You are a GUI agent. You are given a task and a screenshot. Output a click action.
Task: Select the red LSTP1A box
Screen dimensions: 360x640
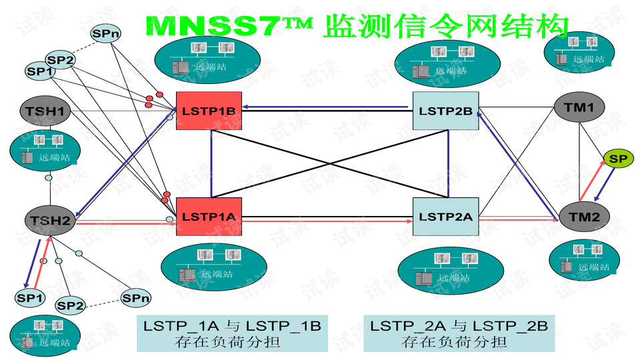(x=208, y=216)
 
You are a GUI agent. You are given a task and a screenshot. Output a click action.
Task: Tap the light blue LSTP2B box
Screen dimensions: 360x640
(x=446, y=111)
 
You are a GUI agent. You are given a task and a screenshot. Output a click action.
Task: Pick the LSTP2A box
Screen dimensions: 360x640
(x=446, y=216)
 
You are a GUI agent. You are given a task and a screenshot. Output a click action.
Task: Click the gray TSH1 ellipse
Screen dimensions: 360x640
(x=45, y=111)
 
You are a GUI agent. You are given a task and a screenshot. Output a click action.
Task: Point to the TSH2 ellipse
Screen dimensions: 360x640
(x=50, y=221)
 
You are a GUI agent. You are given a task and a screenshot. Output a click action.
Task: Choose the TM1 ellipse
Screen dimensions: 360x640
(x=579, y=108)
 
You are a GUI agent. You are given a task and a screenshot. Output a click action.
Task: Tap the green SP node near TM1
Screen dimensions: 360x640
(x=618, y=159)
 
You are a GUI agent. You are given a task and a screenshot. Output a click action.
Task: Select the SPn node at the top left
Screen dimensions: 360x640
(x=104, y=32)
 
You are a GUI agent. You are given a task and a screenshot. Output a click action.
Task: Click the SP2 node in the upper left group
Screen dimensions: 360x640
(x=61, y=60)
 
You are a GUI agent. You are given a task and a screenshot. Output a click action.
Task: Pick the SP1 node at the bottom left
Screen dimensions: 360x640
(x=29, y=297)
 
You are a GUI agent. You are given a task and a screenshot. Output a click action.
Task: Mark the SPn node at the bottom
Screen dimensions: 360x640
(x=135, y=297)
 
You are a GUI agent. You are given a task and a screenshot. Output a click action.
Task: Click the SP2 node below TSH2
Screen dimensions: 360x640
(x=71, y=306)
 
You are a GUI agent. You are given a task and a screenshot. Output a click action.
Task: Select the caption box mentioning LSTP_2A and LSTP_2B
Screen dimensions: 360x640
(x=459, y=333)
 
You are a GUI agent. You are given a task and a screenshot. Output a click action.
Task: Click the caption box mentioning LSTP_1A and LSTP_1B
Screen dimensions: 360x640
(x=232, y=333)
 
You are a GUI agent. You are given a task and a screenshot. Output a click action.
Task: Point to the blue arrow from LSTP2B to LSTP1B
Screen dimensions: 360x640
(x=327, y=106)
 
